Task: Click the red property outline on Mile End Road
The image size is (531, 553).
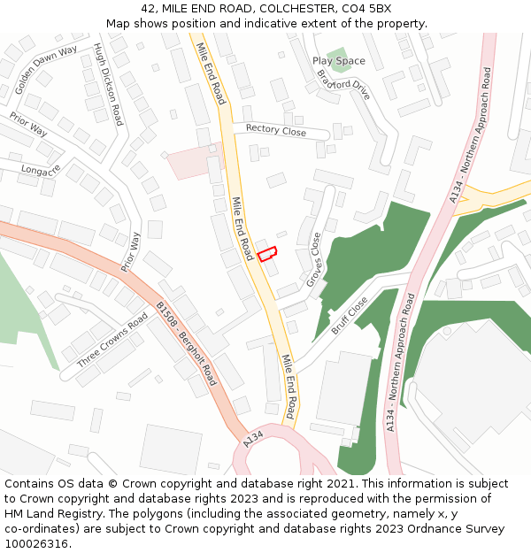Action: [x=267, y=253]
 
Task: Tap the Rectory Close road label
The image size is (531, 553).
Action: [x=276, y=131]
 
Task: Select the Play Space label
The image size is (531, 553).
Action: [x=338, y=61]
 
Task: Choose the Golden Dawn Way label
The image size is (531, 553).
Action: [x=46, y=69]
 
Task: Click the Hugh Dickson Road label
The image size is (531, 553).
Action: [x=107, y=85]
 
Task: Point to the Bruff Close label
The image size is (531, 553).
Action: [x=350, y=315]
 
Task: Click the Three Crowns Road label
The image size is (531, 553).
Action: [x=112, y=339]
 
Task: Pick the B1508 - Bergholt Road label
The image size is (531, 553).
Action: [x=186, y=343]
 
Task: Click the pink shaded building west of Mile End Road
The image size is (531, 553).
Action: [x=189, y=162]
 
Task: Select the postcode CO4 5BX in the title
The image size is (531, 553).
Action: [x=366, y=8]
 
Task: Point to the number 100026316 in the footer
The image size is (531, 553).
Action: [x=36, y=543]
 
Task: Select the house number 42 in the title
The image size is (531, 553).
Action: [x=148, y=8]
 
